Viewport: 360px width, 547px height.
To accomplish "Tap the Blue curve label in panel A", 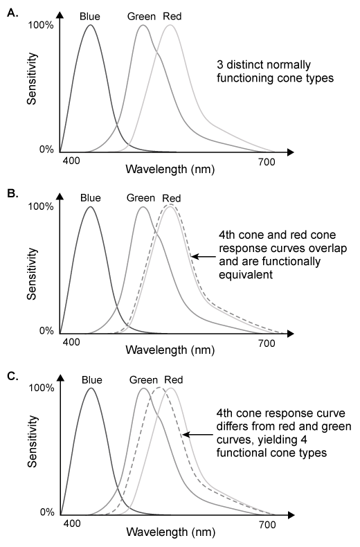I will point(89,15).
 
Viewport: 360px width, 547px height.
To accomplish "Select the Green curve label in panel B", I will point(141,197).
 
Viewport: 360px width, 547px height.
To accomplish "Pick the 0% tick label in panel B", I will point(45,331).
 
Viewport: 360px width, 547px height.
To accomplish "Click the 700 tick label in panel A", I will point(267,161).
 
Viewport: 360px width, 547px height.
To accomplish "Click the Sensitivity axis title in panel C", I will point(33,451).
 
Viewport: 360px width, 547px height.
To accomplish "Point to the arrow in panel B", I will point(202,257).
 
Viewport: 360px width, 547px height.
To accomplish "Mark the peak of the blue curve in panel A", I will point(89,26).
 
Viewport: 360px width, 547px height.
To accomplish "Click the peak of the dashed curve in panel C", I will point(159,388).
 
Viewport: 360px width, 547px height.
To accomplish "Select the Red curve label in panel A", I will point(172,15).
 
